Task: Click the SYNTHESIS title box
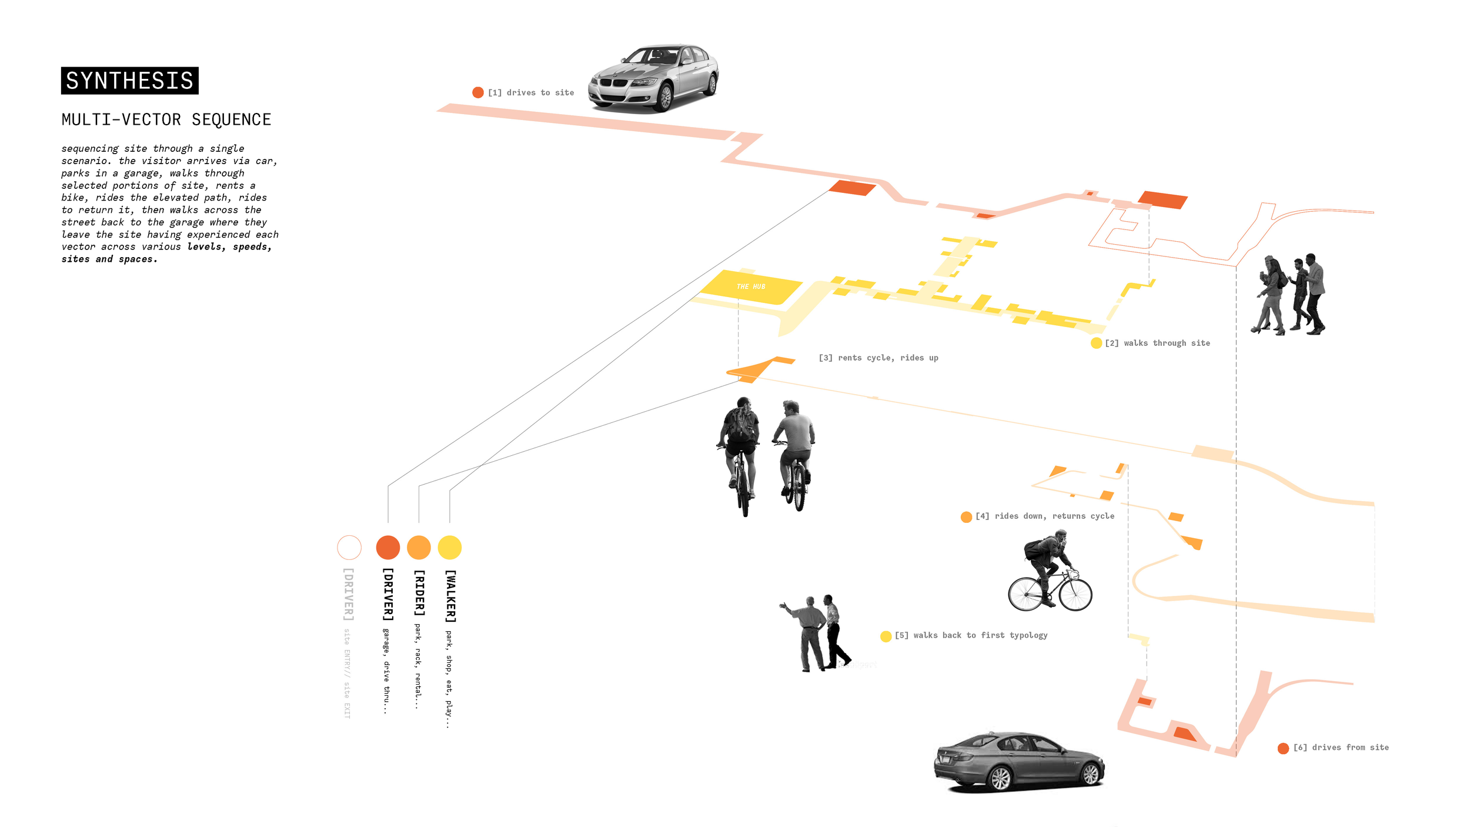point(129,81)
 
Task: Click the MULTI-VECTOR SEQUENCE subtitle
point(166,120)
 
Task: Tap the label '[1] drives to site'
point(530,93)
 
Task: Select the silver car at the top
point(654,78)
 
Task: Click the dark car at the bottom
point(1019,761)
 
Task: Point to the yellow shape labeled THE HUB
point(751,287)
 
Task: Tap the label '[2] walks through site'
point(1157,344)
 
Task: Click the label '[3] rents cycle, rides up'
point(878,358)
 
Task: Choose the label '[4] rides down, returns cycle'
point(1044,516)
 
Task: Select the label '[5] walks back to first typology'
point(971,635)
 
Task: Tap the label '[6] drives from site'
point(1341,748)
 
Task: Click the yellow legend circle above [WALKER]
point(450,548)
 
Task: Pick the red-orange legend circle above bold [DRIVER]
point(388,548)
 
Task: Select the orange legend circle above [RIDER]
point(419,548)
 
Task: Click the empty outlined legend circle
point(349,548)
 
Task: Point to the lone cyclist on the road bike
point(1050,573)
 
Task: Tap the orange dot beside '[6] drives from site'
point(1283,748)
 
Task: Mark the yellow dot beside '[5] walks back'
point(886,636)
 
